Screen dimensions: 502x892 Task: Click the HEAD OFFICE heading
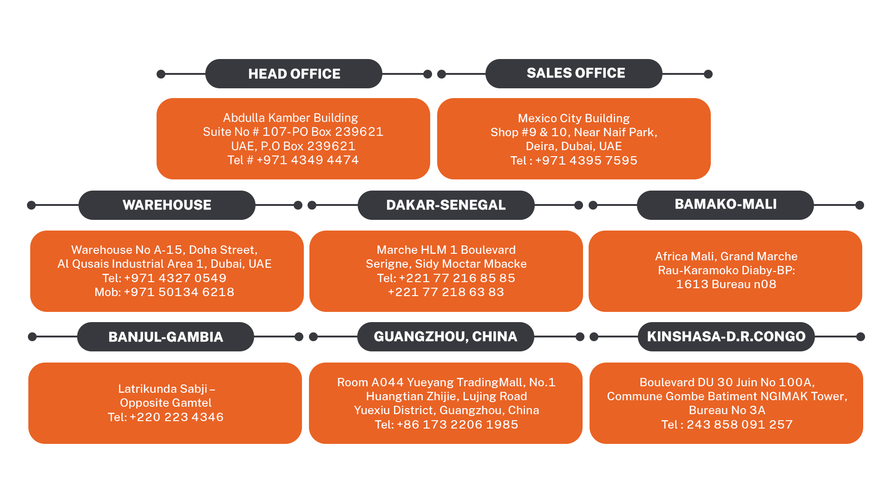[294, 74]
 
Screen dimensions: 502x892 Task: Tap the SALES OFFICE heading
[576, 73]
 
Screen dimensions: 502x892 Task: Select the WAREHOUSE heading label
[167, 205]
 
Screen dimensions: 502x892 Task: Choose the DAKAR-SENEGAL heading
[446, 205]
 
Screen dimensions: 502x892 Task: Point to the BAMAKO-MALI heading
[725, 204]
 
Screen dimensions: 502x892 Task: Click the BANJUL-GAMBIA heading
[165, 337]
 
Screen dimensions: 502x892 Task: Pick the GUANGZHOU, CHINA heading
[445, 337]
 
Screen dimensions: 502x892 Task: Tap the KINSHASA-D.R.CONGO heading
[726, 337]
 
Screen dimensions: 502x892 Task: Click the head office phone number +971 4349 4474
[308, 160]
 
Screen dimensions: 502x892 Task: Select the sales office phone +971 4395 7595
[586, 161]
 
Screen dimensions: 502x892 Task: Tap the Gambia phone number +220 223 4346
[177, 417]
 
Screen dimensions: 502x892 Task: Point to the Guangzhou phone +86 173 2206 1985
[457, 425]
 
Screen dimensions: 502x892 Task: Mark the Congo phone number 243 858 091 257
[740, 425]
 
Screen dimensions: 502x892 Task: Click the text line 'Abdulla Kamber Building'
[290, 118]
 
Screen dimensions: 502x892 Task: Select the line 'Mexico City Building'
[574, 119]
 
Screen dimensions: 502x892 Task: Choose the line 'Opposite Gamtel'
[165, 403]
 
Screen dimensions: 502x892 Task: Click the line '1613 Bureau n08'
[726, 284]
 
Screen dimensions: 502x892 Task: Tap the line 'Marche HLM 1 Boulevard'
[446, 250]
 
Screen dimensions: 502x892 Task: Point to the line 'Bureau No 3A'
[727, 410]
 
